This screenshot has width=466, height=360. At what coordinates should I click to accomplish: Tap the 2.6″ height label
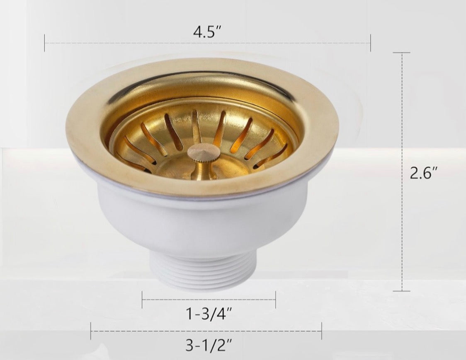point(424,173)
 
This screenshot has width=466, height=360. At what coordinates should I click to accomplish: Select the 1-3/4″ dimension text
point(209,315)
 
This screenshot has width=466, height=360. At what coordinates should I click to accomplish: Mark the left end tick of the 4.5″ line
point(45,43)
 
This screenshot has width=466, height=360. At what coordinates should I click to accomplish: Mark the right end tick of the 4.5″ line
point(370,43)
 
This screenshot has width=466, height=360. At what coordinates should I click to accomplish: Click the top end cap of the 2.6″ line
point(401,53)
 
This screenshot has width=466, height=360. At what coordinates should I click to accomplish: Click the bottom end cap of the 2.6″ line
point(401,291)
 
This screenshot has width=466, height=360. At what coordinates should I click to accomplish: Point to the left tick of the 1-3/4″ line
point(142,300)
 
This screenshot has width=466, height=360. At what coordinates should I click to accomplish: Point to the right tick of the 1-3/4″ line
point(275,300)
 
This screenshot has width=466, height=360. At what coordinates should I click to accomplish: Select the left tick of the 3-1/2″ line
point(91,331)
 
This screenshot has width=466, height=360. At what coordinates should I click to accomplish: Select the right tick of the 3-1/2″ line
point(321,331)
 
